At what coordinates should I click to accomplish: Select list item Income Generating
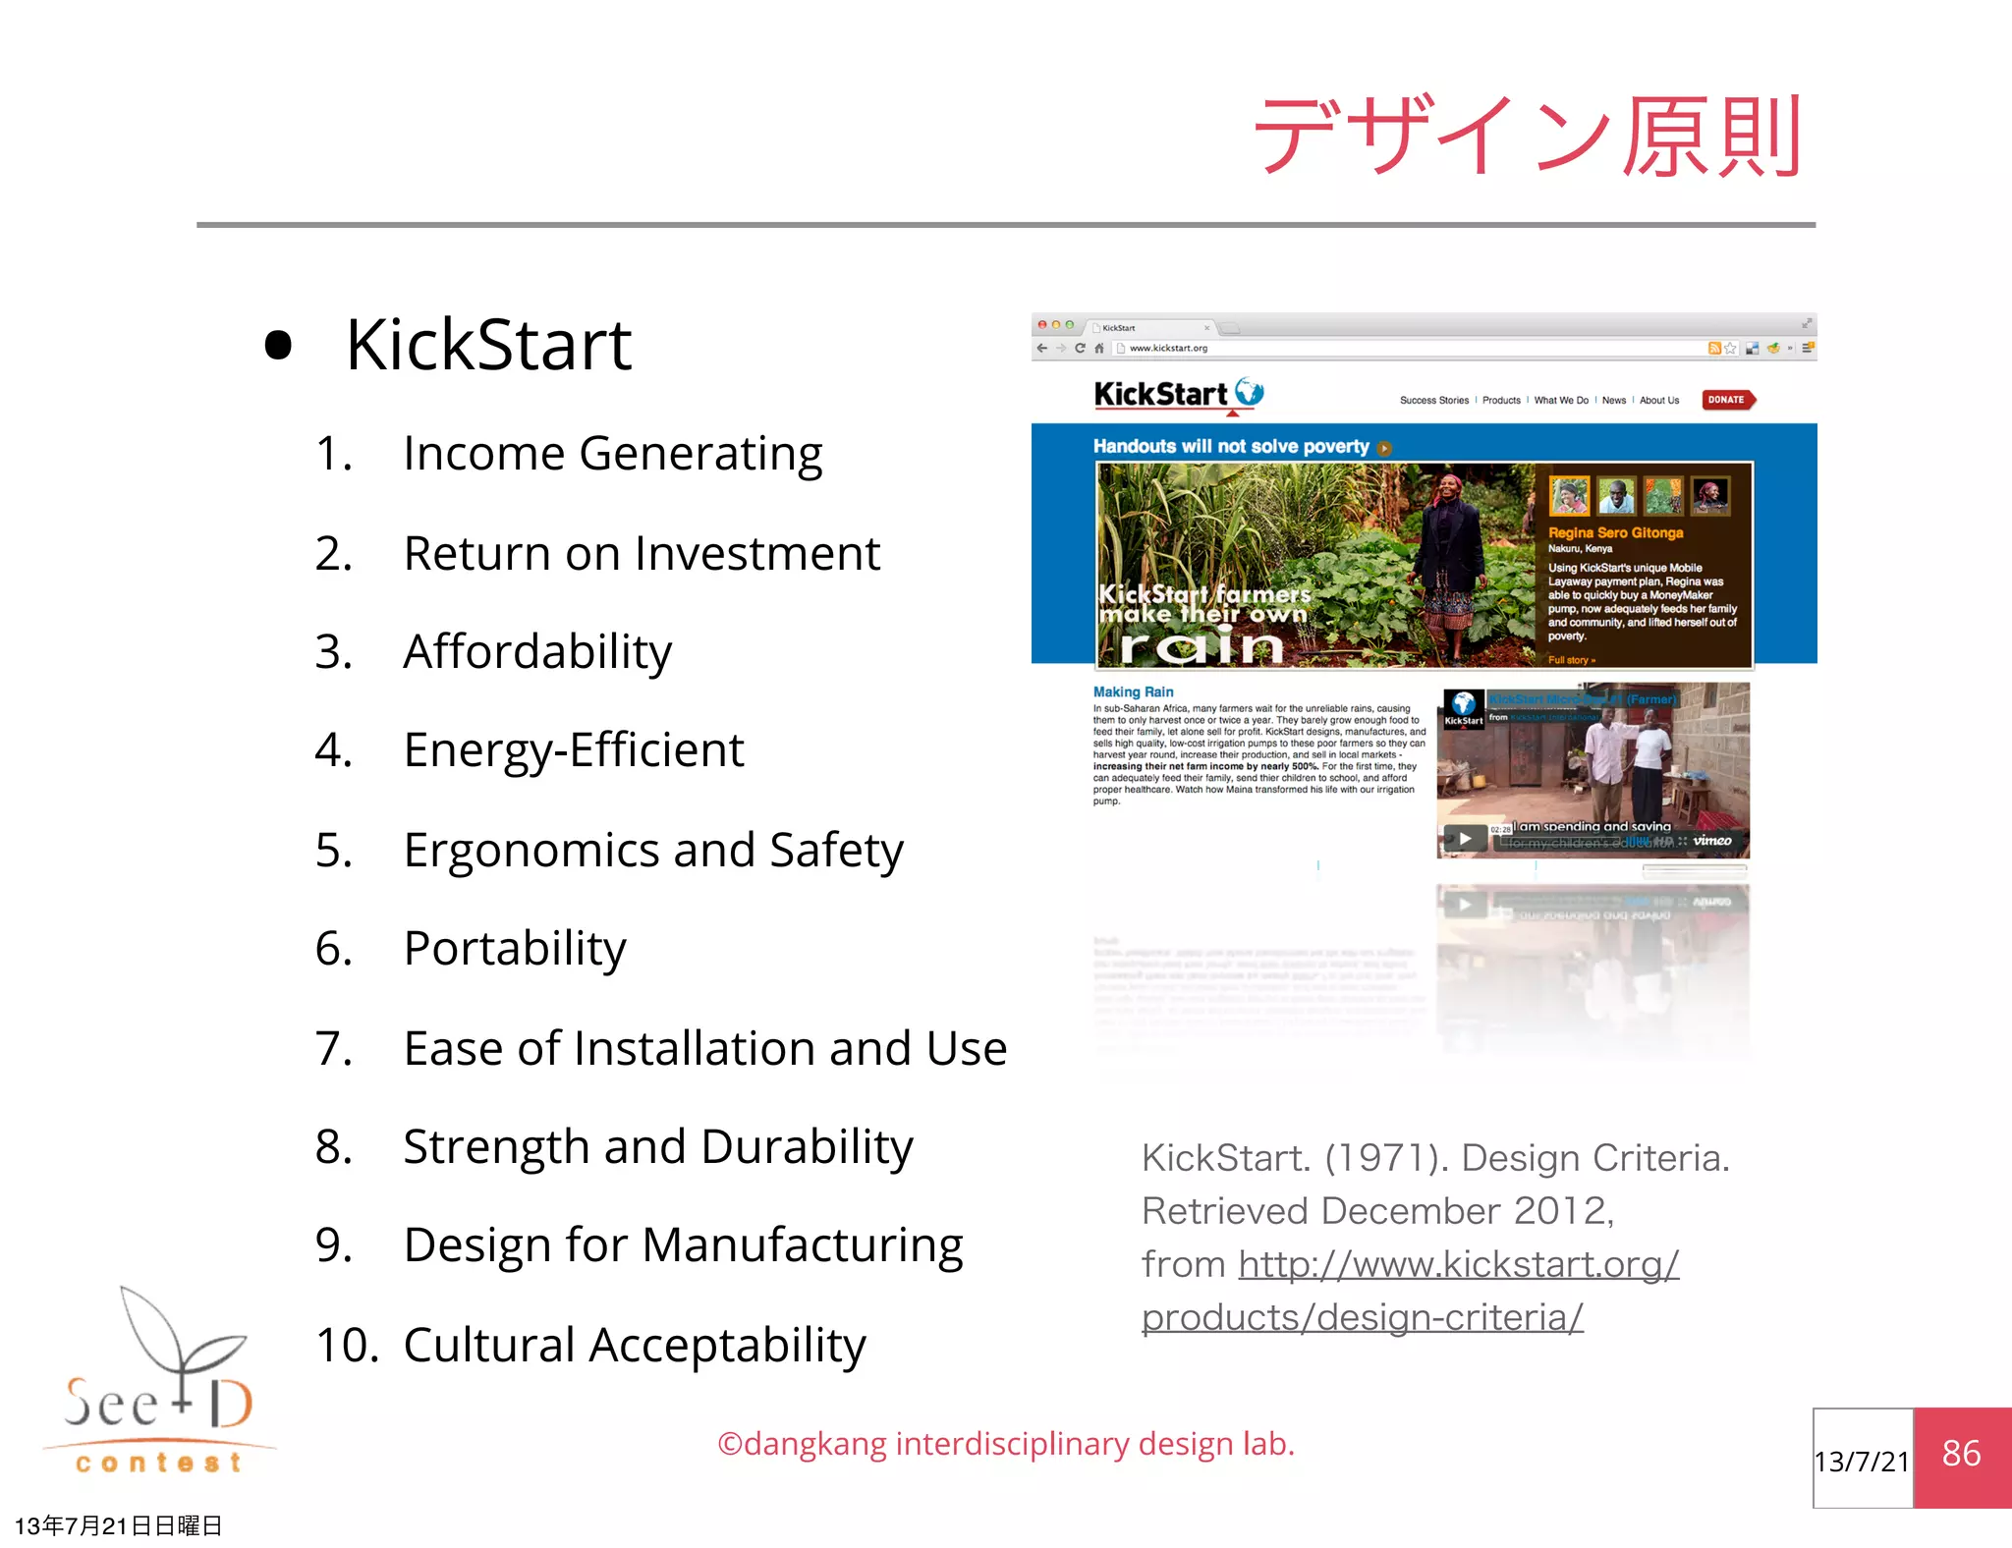click(612, 454)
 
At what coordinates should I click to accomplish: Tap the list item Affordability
click(537, 651)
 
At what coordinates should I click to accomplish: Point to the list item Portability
click(515, 949)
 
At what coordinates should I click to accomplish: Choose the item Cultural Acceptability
click(635, 1345)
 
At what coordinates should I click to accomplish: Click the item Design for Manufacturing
click(683, 1244)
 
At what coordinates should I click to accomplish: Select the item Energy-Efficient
click(574, 750)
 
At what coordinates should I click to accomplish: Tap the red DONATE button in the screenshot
click(1726, 400)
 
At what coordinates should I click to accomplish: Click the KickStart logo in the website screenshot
click(1177, 395)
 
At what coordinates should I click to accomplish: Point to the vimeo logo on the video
click(1711, 841)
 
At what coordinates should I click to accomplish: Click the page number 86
click(1961, 1454)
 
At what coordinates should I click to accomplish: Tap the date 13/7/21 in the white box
click(1862, 1462)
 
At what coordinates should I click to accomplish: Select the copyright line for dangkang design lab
click(1006, 1444)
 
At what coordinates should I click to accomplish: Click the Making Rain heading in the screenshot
click(1133, 691)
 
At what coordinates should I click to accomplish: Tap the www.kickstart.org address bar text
click(1168, 348)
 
